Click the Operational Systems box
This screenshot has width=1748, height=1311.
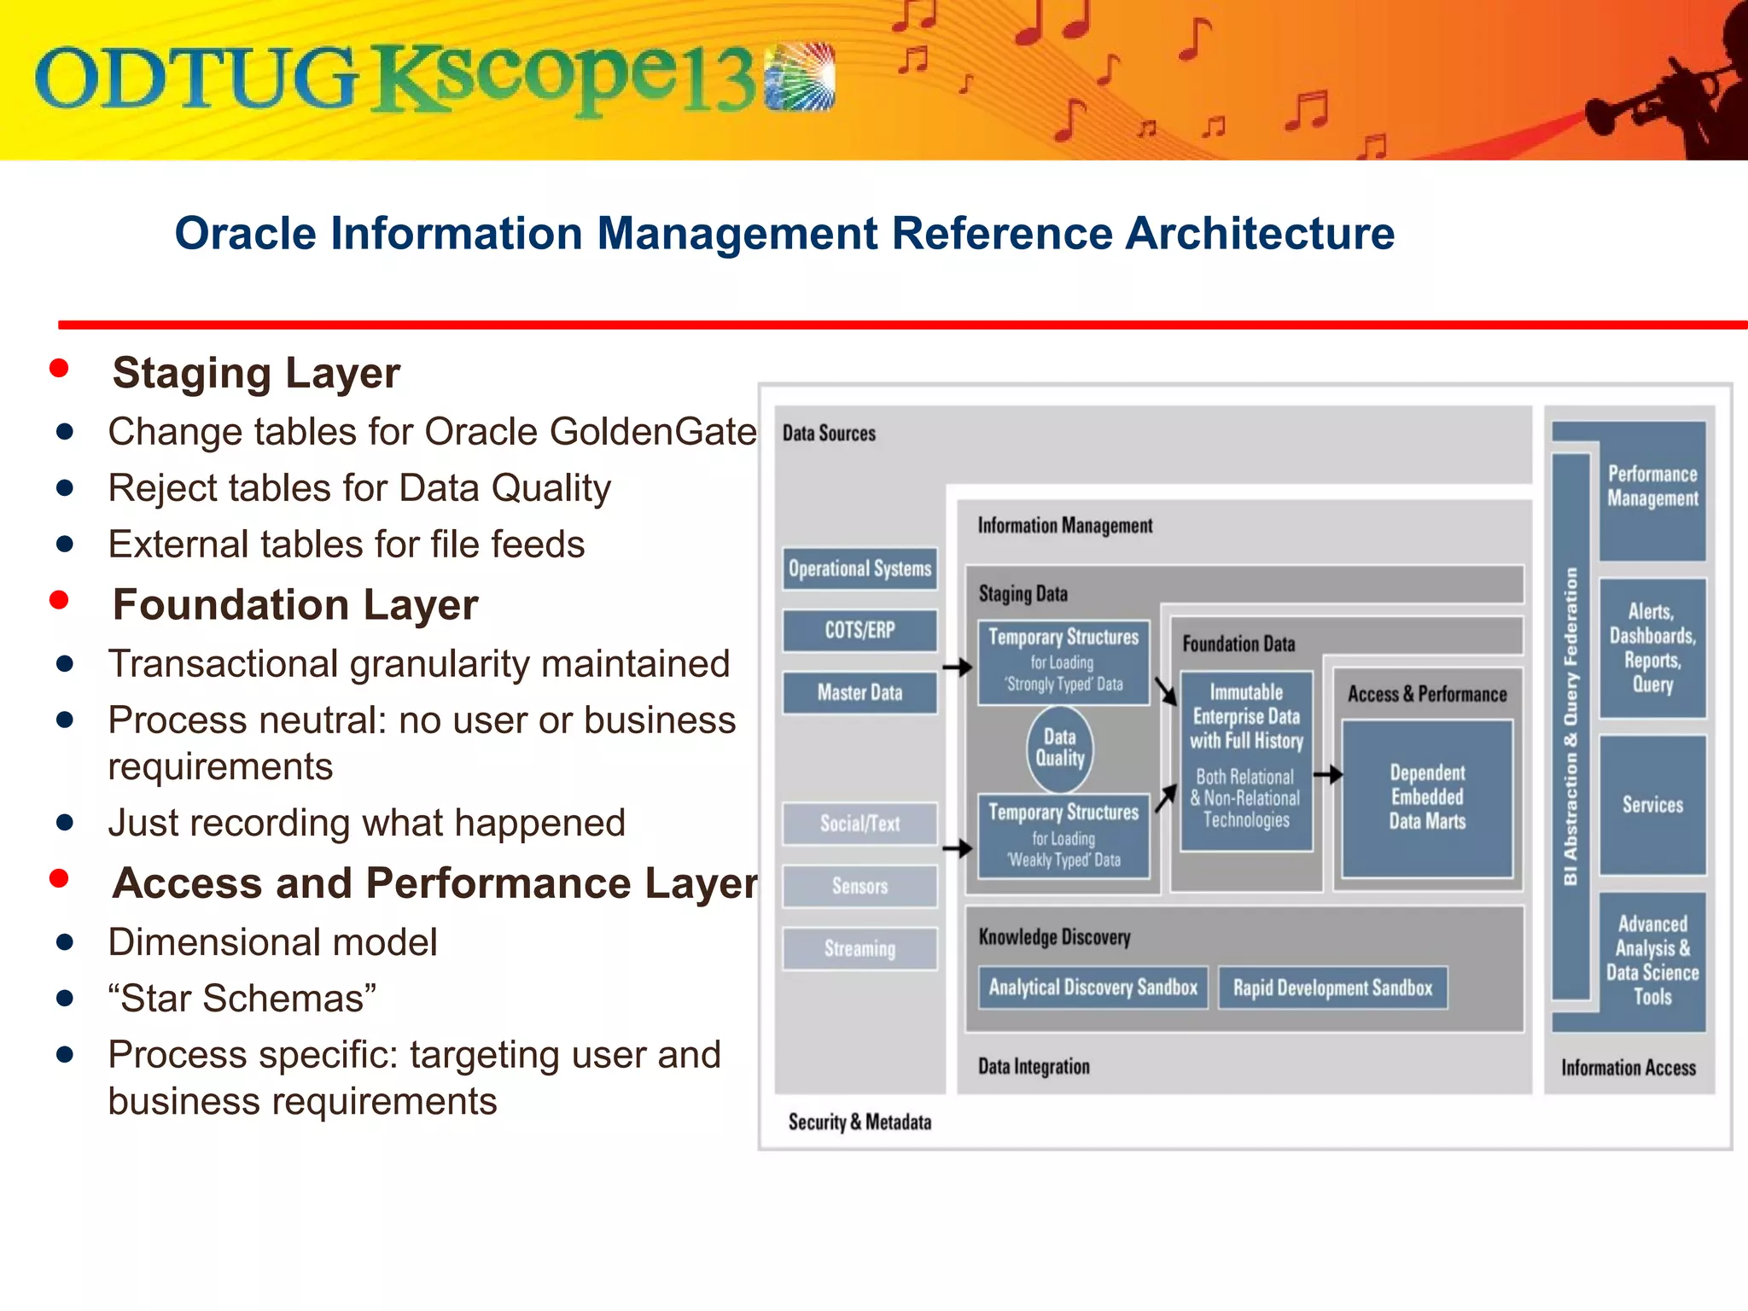(859, 568)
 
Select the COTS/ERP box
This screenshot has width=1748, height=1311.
(859, 631)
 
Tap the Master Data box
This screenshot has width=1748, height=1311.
(859, 692)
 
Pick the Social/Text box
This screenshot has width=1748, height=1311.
(859, 824)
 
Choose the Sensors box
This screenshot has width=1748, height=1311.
(859, 886)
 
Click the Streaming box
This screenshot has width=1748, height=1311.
(859, 948)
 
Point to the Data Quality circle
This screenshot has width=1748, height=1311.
(1059, 749)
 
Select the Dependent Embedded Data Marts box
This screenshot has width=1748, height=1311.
(1427, 797)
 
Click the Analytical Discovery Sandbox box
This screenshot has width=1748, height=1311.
(1092, 988)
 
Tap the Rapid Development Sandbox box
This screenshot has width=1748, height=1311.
(1332, 988)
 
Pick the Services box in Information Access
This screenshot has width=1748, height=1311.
(1652, 805)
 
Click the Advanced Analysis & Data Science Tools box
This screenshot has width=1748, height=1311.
(1652, 960)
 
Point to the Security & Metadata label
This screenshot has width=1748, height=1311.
(859, 1122)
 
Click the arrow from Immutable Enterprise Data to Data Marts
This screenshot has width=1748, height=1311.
(1327, 775)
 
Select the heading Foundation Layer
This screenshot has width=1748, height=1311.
(294, 604)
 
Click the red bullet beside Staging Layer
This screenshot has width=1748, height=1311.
(59, 369)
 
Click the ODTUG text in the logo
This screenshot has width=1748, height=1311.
(196, 79)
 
